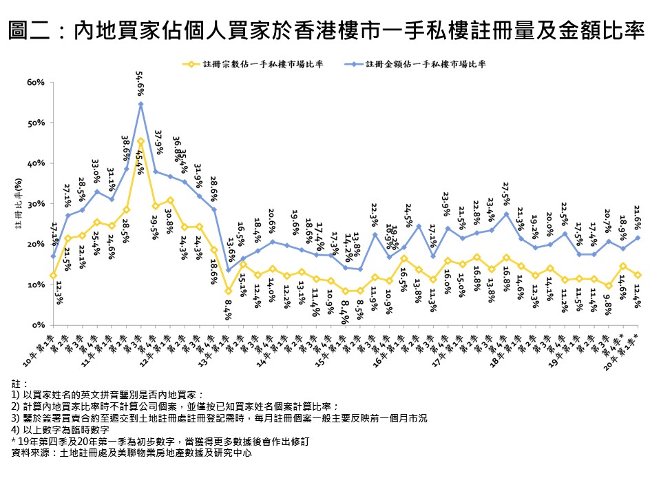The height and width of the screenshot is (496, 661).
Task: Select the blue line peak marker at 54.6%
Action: (x=140, y=104)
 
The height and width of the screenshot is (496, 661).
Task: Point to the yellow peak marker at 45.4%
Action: (x=140, y=141)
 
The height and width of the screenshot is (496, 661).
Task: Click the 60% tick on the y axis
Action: (x=36, y=83)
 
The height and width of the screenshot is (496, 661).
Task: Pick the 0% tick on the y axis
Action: (x=38, y=324)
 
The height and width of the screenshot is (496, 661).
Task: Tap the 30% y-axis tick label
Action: (x=36, y=204)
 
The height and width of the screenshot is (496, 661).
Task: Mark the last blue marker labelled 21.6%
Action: (x=638, y=238)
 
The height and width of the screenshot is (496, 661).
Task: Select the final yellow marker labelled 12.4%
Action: (x=638, y=275)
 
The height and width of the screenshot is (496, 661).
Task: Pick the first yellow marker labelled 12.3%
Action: (x=53, y=276)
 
